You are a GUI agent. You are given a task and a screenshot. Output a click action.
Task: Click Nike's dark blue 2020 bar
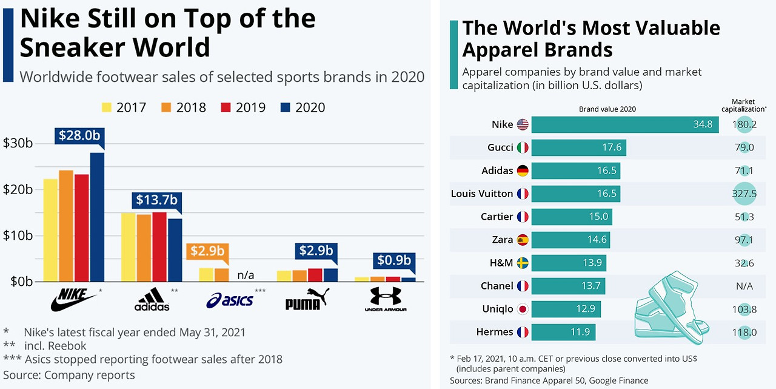pyautogui.click(x=97, y=217)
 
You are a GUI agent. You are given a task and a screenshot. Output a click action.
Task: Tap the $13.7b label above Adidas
pyautogui.click(x=157, y=200)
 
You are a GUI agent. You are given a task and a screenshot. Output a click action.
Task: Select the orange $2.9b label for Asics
pyautogui.click(x=208, y=251)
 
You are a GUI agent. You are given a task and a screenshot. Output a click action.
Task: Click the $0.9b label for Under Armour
pyautogui.click(x=394, y=260)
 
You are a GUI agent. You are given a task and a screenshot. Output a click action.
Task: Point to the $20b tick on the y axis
pyautogui.click(x=18, y=189)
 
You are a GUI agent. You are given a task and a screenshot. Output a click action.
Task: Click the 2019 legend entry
pyautogui.click(x=242, y=107)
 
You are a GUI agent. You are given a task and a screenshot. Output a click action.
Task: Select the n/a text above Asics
pyautogui.click(x=246, y=275)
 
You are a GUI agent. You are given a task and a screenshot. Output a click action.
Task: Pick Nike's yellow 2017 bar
pyautogui.click(x=50, y=230)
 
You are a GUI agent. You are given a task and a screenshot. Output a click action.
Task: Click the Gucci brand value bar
pyautogui.click(x=579, y=147)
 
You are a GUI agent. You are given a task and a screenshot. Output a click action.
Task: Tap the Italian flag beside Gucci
pyautogui.click(x=523, y=147)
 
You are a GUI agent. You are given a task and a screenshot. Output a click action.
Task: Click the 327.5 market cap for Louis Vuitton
pyautogui.click(x=744, y=194)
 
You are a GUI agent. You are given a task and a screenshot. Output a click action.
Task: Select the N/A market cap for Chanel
pyautogui.click(x=744, y=286)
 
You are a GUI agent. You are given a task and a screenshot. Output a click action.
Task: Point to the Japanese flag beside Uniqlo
pyautogui.click(x=523, y=309)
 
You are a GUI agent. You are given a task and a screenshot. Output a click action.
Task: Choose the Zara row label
pyautogui.click(x=502, y=240)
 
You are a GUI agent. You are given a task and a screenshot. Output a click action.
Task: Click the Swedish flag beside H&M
pyautogui.click(x=523, y=263)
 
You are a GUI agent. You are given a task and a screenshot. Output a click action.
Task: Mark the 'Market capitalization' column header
pyautogui.click(x=744, y=106)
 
